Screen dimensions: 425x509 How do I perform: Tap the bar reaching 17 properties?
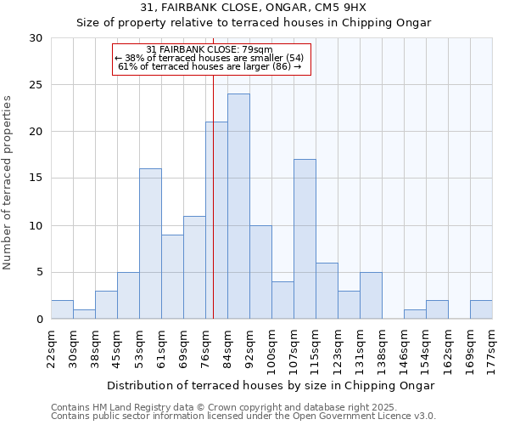[305, 239]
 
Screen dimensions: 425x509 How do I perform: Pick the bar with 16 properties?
[150, 244]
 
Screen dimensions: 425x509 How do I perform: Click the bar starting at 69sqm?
[194, 267]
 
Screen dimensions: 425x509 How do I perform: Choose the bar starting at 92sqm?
[260, 272]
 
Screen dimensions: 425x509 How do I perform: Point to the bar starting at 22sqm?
[62, 309]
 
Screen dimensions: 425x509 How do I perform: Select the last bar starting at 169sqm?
[481, 309]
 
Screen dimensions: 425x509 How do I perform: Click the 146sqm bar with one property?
[415, 314]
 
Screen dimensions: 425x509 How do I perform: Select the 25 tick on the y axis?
[36, 85]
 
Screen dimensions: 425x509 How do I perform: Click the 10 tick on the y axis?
[36, 226]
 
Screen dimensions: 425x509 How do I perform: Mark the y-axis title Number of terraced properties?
[8, 182]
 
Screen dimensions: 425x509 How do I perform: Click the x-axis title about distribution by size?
[271, 385]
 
